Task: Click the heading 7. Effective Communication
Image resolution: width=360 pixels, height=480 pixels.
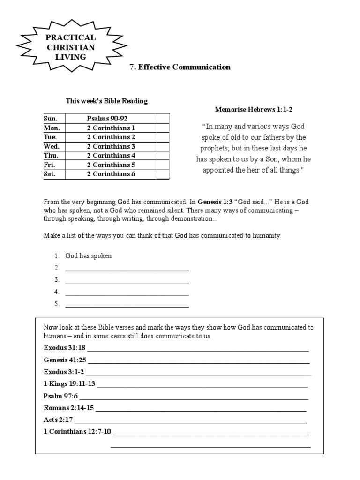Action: click(x=180, y=67)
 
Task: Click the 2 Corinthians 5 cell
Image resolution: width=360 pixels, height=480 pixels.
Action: click(x=111, y=165)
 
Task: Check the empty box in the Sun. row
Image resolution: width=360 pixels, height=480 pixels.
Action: click(x=163, y=118)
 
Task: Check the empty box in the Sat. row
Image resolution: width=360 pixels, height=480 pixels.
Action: click(x=163, y=174)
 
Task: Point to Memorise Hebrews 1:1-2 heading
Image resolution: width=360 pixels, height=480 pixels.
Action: click(x=254, y=110)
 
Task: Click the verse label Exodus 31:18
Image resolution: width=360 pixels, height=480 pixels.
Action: click(x=65, y=348)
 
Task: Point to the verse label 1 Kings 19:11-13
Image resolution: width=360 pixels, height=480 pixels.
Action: click(x=69, y=384)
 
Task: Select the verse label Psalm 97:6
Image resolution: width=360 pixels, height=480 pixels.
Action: click(x=60, y=396)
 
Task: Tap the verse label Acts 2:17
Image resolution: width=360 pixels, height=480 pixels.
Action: click(x=58, y=420)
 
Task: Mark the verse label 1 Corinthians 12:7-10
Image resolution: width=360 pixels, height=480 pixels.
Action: click(x=77, y=431)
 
